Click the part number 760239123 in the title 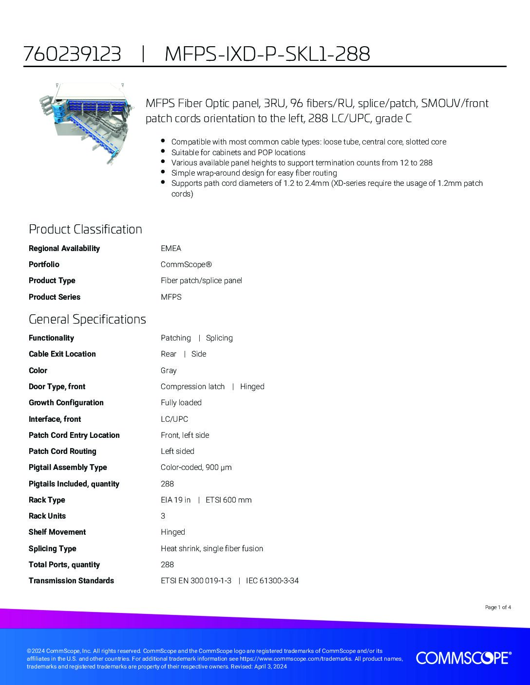[x=72, y=54]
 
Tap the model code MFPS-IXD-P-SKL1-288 [x=267, y=54]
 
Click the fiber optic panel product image [x=87, y=124]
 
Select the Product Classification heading [x=85, y=229]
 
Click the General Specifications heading [x=87, y=319]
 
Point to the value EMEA [x=171, y=248]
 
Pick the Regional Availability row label [x=64, y=248]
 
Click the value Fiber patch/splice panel [x=201, y=281]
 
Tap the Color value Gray [x=169, y=370]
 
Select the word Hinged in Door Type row [x=252, y=386]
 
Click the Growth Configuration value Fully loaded [x=181, y=403]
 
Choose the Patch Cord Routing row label [x=62, y=451]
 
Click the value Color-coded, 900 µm [x=196, y=467]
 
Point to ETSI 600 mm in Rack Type [x=228, y=500]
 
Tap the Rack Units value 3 [x=163, y=516]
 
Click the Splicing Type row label [x=53, y=548]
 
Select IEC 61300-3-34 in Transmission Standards [x=272, y=580]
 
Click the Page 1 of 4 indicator [x=498, y=607]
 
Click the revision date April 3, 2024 [x=270, y=667]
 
